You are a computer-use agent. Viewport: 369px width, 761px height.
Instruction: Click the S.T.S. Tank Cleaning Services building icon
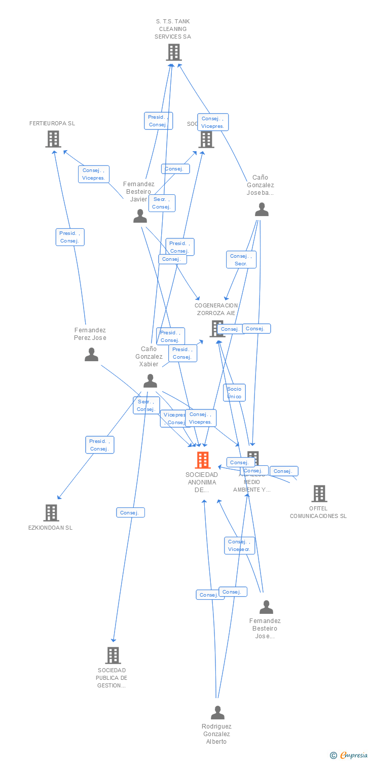[173, 52]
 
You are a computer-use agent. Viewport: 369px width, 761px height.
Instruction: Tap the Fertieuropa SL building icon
[53, 139]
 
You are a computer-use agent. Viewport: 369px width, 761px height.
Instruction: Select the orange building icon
[202, 460]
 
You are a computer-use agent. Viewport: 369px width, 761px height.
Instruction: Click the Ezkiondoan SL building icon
[51, 513]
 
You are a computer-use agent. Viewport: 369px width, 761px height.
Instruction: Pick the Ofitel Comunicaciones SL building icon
[319, 493]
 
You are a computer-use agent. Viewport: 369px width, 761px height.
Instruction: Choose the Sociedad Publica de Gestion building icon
[113, 655]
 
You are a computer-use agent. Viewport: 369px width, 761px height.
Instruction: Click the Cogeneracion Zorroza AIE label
[216, 309]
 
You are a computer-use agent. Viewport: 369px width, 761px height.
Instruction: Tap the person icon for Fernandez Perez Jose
[91, 355]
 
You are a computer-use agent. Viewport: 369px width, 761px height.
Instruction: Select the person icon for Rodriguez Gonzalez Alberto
[217, 713]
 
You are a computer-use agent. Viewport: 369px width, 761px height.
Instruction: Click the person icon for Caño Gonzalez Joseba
[262, 210]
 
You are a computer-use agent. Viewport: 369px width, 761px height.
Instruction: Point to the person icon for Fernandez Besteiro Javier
[140, 216]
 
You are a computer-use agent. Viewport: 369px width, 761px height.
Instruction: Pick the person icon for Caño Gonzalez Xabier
[150, 380]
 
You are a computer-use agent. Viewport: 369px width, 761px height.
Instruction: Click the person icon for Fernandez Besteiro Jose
[266, 607]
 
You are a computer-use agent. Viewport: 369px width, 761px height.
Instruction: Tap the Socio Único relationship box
[234, 393]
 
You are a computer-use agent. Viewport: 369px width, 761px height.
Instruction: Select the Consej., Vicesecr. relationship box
[239, 545]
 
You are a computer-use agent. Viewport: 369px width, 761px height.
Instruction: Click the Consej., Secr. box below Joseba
[241, 260]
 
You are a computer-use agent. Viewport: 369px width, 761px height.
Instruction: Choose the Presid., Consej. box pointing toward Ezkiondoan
[99, 445]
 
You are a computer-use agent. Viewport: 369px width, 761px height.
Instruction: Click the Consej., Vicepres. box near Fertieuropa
[94, 174]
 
